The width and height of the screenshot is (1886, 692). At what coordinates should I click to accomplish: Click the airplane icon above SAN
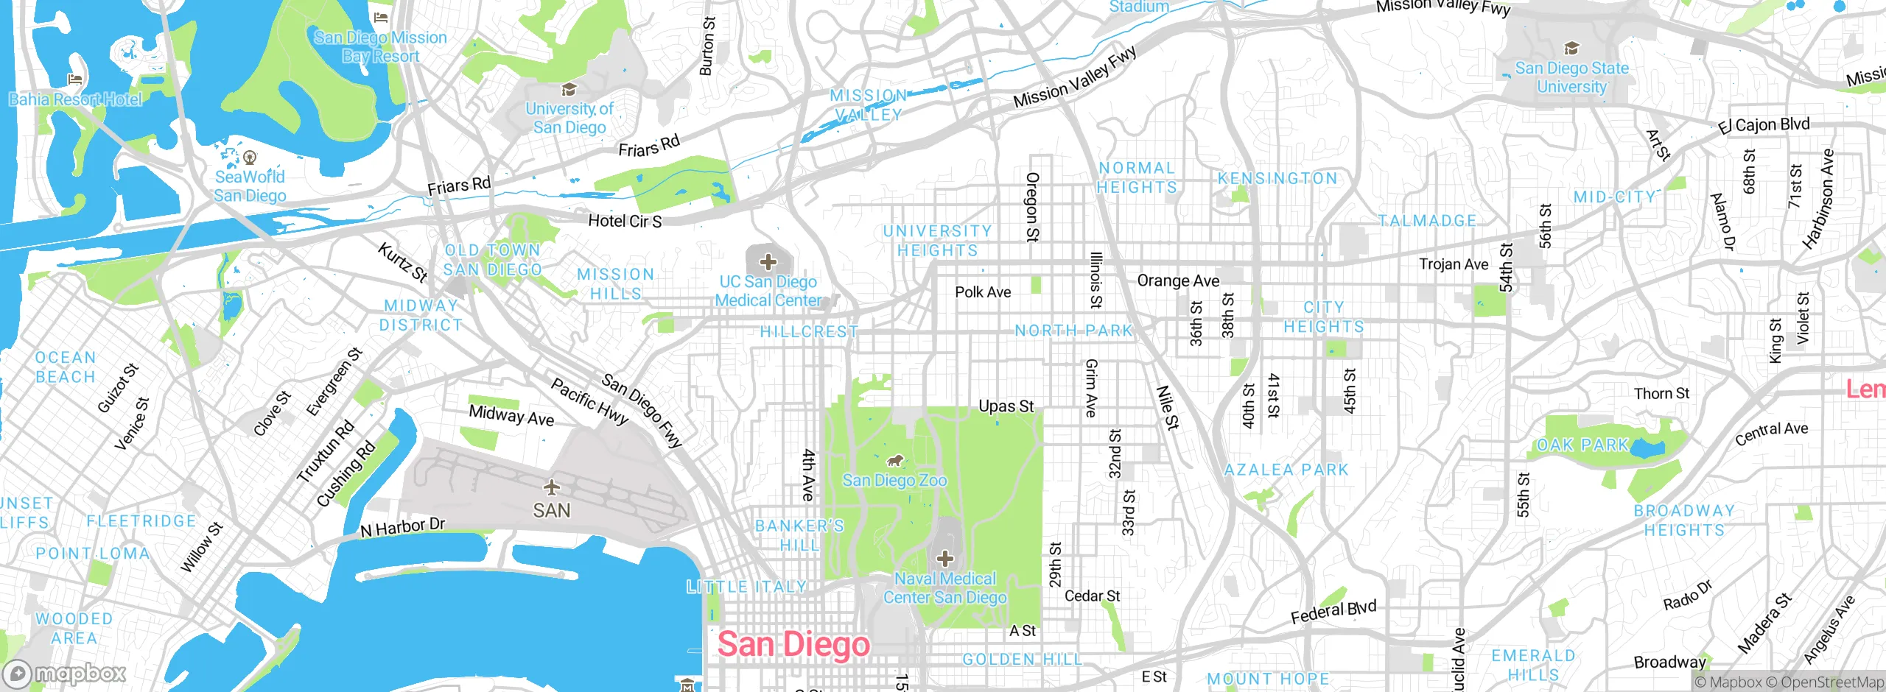(x=551, y=487)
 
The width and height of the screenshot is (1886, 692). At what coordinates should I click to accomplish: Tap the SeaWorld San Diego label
(x=250, y=186)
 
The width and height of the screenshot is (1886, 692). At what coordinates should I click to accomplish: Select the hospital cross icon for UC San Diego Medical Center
(x=768, y=261)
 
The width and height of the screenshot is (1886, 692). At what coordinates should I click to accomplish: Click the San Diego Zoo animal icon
(x=894, y=462)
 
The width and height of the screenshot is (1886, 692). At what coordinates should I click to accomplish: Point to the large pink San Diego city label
(x=793, y=644)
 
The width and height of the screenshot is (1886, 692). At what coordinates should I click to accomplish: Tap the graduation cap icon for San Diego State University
(x=1571, y=49)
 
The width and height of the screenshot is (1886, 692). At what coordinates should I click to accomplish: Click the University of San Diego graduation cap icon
(x=568, y=90)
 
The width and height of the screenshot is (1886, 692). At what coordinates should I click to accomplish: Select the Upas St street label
(x=1006, y=406)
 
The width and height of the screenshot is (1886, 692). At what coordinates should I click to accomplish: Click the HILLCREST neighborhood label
(x=809, y=332)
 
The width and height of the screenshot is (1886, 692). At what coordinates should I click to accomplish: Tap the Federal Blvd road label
(x=1333, y=612)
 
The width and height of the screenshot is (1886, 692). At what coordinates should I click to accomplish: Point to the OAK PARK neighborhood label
(x=1582, y=445)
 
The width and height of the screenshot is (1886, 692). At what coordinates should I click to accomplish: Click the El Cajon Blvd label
(x=1763, y=125)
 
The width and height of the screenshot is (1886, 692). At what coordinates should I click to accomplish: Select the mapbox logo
(x=65, y=674)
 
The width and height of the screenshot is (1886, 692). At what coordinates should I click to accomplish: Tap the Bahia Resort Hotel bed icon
(x=74, y=80)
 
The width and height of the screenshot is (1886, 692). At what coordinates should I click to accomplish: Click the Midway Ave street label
(x=511, y=416)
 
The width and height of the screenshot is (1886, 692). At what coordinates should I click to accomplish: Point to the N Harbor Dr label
(x=402, y=527)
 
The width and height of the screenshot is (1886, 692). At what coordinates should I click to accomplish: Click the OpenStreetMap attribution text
(x=1831, y=682)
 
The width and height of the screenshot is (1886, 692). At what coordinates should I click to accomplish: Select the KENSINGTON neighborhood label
(x=1277, y=179)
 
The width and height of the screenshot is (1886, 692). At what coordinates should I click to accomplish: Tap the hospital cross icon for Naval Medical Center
(x=944, y=559)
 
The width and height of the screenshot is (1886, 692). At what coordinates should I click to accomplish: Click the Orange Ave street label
(x=1178, y=280)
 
